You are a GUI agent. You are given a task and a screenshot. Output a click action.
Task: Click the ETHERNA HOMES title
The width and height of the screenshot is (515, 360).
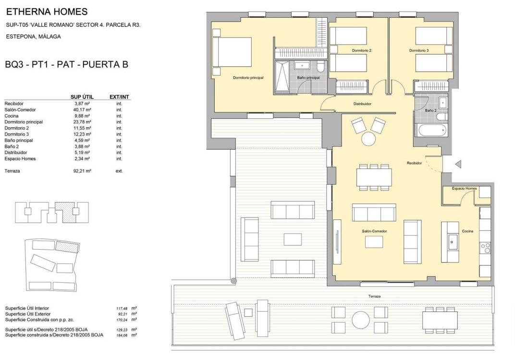point(47,12)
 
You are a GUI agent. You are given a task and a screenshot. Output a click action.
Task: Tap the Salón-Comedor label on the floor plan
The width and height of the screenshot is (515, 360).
point(374,231)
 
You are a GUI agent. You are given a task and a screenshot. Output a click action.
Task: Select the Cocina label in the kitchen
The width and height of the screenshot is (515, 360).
point(467,231)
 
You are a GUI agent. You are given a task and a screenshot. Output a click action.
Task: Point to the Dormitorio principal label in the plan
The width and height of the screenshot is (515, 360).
point(248,78)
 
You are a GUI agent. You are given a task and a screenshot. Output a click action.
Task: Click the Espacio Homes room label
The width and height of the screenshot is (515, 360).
point(464,188)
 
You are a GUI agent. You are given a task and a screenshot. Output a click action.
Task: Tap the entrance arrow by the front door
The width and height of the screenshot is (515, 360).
point(458,164)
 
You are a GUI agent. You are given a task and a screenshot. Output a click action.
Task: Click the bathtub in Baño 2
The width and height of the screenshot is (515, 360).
point(432,130)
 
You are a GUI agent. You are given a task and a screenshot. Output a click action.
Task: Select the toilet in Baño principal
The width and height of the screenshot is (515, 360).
point(320,66)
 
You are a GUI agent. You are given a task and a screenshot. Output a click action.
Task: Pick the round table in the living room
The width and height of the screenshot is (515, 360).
point(368,139)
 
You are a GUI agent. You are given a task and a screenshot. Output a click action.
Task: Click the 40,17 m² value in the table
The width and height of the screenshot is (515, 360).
point(83,109)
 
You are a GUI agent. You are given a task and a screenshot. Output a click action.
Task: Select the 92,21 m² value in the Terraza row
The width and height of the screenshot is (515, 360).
point(82,171)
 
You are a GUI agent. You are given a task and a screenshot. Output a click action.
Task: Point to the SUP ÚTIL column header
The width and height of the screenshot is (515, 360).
point(82,97)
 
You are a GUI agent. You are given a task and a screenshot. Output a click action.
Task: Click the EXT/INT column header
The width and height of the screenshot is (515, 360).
point(119,97)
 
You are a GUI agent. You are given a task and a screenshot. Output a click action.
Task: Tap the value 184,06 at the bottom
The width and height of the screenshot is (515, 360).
point(122,336)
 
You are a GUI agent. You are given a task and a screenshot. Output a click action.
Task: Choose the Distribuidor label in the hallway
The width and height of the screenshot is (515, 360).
point(362,104)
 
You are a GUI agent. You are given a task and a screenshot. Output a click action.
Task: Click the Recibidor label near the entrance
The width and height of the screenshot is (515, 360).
point(414,163)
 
